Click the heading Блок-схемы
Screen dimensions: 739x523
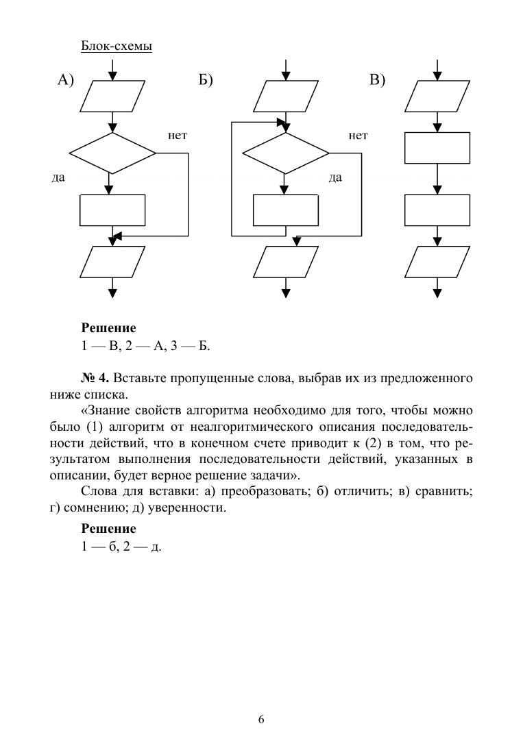116,46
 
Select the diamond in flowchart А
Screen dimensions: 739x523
113,153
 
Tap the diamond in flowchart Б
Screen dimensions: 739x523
286,153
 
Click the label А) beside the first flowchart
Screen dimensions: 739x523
65,81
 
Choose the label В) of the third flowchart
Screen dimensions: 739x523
378,81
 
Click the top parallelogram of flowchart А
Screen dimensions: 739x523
113,96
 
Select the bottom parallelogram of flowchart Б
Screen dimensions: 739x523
286,261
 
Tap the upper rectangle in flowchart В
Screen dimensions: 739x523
437,148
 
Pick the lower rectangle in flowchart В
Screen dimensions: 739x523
437,210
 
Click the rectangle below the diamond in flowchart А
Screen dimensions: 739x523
113,210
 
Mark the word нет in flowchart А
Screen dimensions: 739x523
178,136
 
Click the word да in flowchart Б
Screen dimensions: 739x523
335,177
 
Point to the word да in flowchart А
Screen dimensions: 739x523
58,177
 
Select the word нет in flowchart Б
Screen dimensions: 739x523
358,136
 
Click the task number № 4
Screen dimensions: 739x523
97,378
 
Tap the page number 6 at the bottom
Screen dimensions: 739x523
261,719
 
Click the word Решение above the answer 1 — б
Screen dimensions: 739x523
108,529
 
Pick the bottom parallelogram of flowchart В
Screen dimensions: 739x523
437,261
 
